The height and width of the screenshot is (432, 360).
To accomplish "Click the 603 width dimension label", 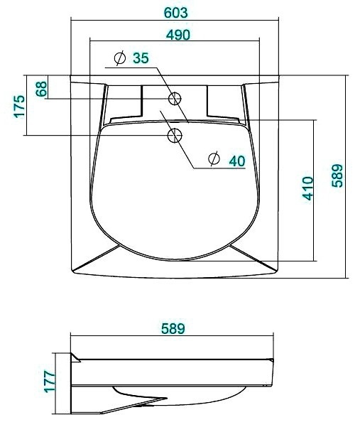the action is (175, 13).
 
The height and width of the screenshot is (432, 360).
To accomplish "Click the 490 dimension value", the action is (178, 35).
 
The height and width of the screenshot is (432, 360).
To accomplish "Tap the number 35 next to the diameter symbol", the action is (141, 58).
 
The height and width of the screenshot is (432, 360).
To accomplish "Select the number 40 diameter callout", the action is (237, 161).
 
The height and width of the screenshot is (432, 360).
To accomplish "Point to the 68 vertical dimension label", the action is (42, 89).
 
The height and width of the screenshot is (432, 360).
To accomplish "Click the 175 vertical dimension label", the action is (19, 107).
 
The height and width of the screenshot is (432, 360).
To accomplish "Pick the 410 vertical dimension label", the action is (307, 188).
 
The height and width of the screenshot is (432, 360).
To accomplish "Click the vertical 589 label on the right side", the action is (337, 175).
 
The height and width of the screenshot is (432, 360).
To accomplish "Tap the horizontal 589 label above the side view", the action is (173, 328).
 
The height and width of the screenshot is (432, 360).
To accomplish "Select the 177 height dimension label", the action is (50, 382).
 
